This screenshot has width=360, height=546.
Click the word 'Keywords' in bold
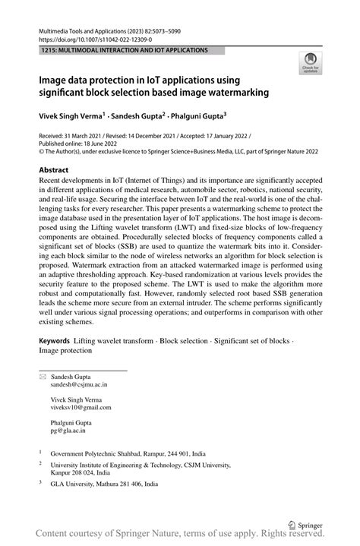tap(55, 340)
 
